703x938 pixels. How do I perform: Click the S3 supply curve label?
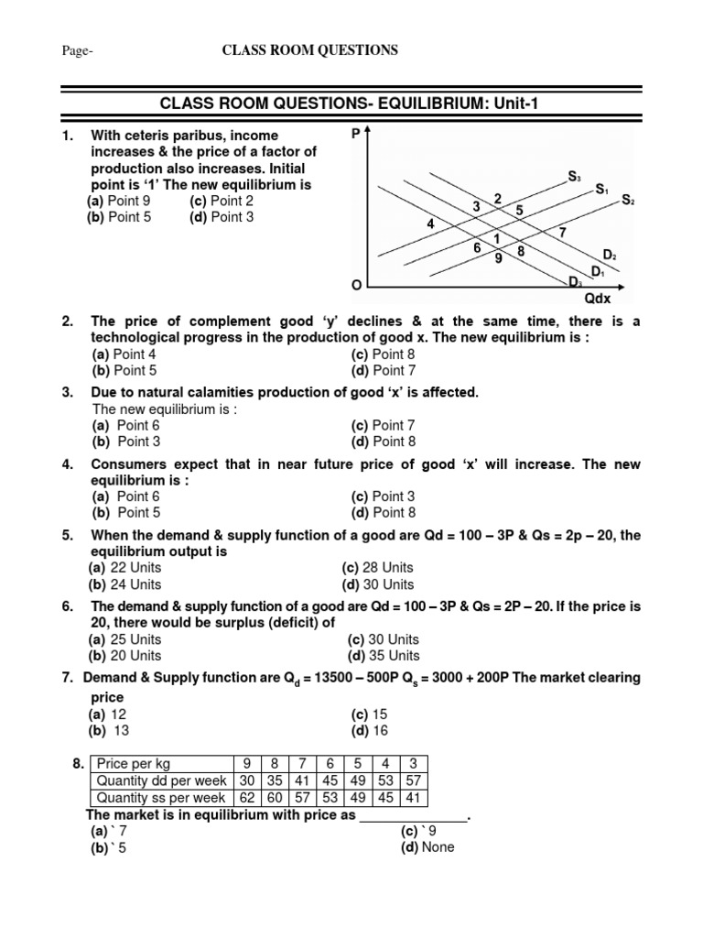(574, 175)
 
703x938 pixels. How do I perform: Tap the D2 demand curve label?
(609, 255)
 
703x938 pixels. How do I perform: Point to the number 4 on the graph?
(430, 224)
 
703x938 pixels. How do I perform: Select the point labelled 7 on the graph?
(562, 232)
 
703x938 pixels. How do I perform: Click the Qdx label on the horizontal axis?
(597, 298)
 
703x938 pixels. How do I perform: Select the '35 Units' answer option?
(384, 655)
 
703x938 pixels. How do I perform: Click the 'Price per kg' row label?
(134, 764)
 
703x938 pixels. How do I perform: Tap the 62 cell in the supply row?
(245, 797)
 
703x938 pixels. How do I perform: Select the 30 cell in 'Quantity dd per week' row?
(245, 780)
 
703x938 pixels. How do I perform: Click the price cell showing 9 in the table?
(245, 764)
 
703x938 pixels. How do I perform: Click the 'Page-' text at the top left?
(76, 51)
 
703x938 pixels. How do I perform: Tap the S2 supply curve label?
(627, 200)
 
